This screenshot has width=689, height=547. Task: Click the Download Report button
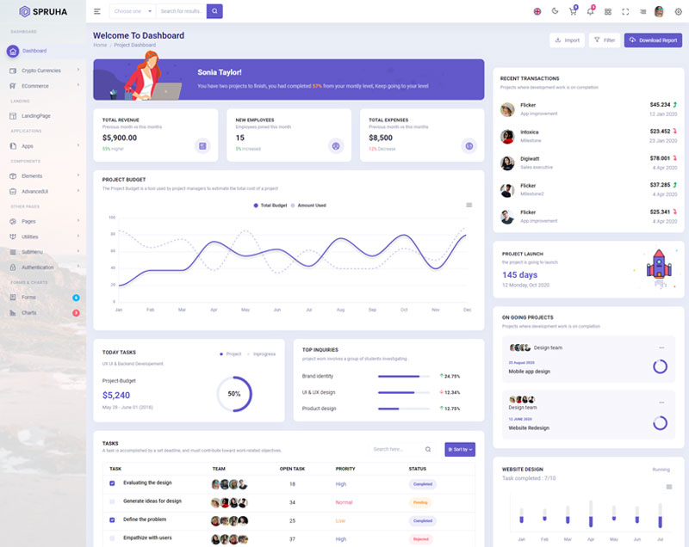point(653,40)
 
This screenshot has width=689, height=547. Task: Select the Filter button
point(605,40)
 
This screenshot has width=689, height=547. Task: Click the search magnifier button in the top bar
point(214,11)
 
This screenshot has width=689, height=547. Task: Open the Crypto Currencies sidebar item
point(41,71)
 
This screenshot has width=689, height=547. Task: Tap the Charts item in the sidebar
point(29,312)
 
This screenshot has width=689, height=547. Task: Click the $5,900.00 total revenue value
point(120,138)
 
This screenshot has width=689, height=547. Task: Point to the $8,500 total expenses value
point(381,138)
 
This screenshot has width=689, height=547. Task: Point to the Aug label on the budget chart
point(340,310)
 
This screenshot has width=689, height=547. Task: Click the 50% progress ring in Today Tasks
point(234,393)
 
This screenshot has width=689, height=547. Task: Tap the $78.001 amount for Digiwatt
point(660,158)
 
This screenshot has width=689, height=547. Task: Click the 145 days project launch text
point(519,275)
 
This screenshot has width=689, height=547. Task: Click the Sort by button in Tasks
point(459,449)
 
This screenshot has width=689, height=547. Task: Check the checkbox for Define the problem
point(112,520)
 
